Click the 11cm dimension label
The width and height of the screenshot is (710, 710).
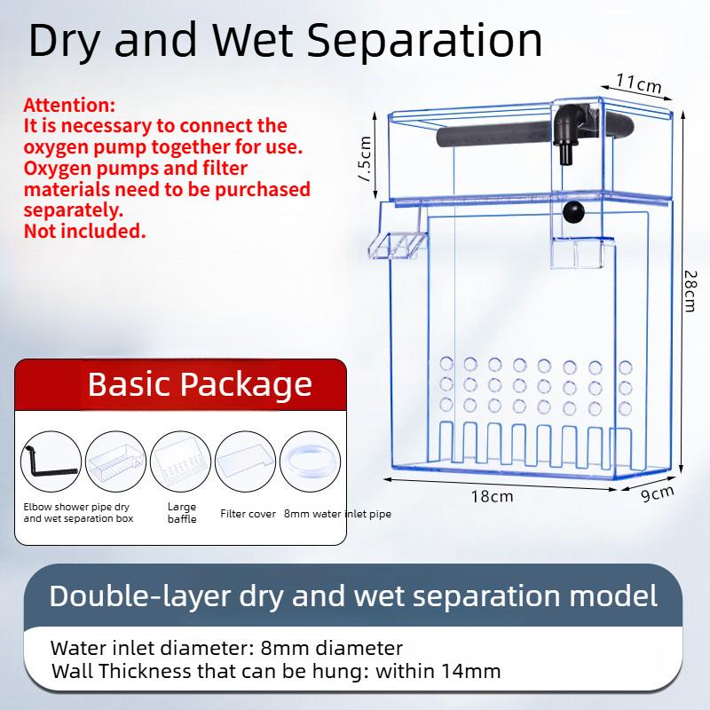pyautogui.click(x=638, y=83)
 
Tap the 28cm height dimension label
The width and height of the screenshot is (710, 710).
pyautogui.click(x=690, y=291)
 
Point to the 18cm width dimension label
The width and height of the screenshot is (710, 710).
pyautogui.click(x=493, y=497)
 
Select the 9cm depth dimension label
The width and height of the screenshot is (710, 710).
pyautogui.click(x=658, y=493)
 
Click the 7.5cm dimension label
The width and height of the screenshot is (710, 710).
pyautogui.click(x=365, y=159)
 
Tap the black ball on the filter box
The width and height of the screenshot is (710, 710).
pyautogui.click(x=573, y=211)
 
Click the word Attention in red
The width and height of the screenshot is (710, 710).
pyautogui.click(x=69, y=105)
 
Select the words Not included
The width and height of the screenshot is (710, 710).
pyautogui.click(x=84, y=231)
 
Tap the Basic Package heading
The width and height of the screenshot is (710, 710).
pyautogui.click(x=200, y=384)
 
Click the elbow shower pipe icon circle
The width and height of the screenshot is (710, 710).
pyautogui.click(x=51, y=461)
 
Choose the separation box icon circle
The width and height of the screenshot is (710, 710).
pyautogui.click(x=115, y=461)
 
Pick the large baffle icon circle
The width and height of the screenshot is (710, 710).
pyautogui.click(x=180, y=461)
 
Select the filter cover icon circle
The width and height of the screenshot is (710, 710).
pyautogui.click(x=245, y=461)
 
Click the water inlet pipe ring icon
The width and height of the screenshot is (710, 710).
pyautogui.click(x=310, y=461)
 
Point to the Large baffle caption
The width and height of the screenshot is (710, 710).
pyautogui.click(x=182, y=513)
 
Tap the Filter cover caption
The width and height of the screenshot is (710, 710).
pyautogui.click(x=248, y=514)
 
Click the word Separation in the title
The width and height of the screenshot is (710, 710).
pyautogui.click(x=425, y=40)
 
